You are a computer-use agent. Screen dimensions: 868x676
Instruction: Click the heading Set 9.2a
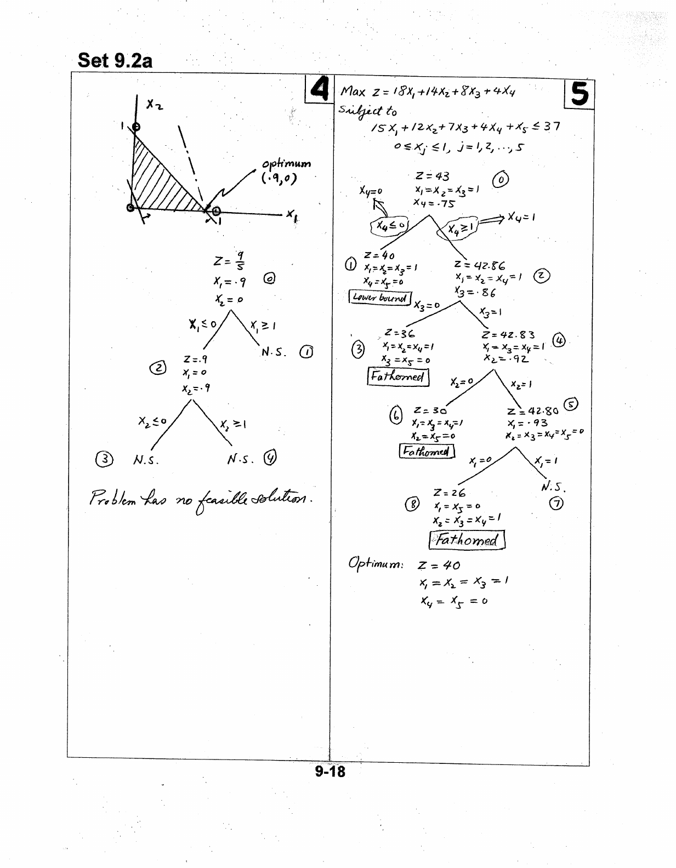(115, 60)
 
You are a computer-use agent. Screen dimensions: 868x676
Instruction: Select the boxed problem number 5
(579, 93)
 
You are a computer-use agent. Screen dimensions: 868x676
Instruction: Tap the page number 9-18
(330, 771)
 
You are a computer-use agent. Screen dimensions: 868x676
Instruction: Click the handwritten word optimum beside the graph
(286, 164)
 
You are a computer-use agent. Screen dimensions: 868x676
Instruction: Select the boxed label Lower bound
(380, 298)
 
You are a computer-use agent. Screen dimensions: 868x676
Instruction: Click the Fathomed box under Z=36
(397, 376)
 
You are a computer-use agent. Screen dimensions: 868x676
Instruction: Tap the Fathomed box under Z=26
(467, 540)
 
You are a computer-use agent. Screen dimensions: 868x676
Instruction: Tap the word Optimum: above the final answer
(376, 563)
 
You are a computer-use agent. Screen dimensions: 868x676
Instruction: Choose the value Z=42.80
(532, 411)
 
